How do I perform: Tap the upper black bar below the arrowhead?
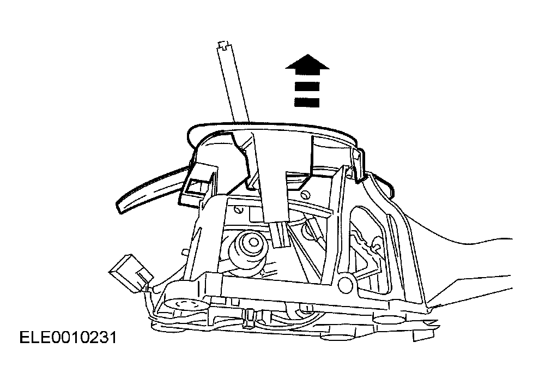[x=307, y=86]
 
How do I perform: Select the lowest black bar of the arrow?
[x=307, y=103]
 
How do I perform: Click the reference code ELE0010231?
[x=68, y=338]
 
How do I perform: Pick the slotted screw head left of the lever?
[x=239, y=210]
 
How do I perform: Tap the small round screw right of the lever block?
[x=306, y=194]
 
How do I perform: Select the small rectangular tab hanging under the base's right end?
[x=423, y=335]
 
